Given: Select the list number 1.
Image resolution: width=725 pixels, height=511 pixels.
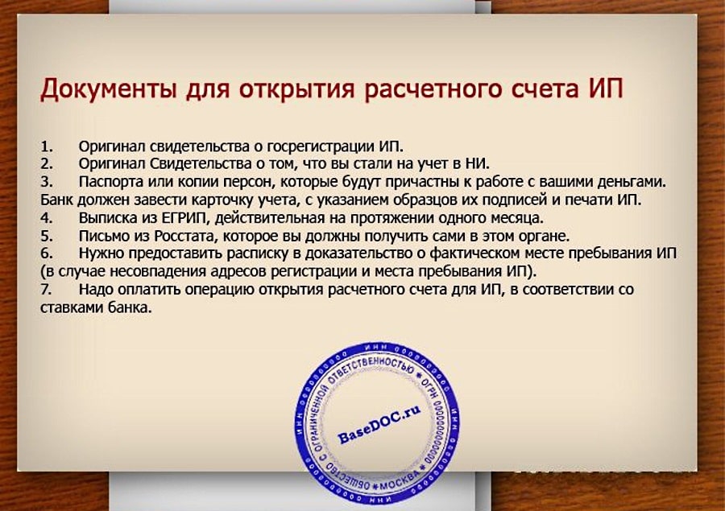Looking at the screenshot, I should (x=46, y=146).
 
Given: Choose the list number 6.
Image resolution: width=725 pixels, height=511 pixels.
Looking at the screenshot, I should (x=46, y=253).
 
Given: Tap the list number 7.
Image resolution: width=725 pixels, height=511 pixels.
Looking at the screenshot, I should (x=46, y=289).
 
